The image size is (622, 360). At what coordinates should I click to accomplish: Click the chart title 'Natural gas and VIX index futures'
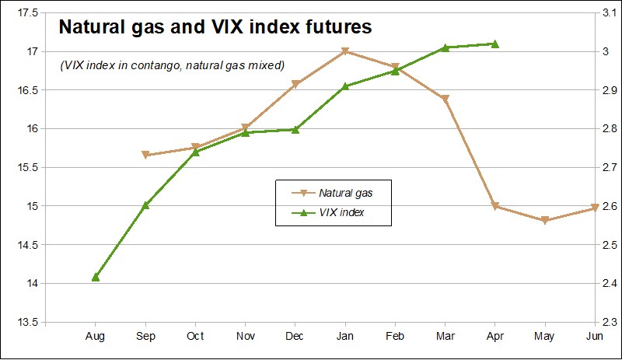(x=216, y=27)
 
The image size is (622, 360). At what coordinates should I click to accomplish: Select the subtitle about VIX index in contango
(x=173, y=65)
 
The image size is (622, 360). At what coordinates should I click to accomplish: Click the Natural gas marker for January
(x=344, y=52)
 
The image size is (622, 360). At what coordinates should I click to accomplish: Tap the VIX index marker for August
(x=96, y=277)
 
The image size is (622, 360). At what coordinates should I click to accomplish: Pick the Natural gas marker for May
(x=545, y=221)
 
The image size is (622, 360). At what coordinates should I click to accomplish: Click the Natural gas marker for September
(x=145, y=156)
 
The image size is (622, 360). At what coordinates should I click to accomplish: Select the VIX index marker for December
(x=295, y=129)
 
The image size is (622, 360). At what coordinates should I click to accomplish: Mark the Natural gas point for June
(x=595, y=208)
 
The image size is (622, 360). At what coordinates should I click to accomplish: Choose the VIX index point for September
(x=145, y=205)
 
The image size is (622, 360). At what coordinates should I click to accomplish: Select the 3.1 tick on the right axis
(x=609, y=13)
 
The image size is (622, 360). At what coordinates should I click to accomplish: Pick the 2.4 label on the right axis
(x=609, y=284)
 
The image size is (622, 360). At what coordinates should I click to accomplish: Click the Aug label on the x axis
(x=96, y=337)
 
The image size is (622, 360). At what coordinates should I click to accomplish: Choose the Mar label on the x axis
(x=445, y=337)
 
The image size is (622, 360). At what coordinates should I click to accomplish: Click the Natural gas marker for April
(x=495, y=207)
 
